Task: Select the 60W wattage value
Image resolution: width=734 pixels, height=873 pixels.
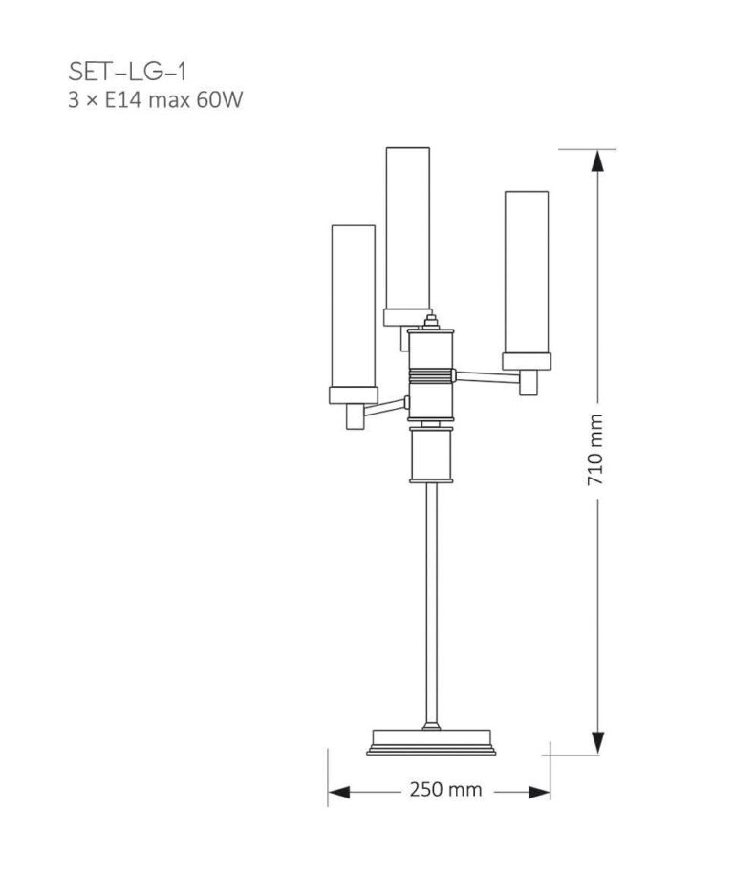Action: [215, 99]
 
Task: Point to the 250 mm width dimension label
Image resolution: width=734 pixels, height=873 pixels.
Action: [445, 790]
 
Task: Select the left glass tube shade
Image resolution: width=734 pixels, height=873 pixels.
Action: [353, 306]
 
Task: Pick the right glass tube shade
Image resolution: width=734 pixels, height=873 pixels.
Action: [526, 271]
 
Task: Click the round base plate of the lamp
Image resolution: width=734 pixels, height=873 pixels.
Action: [432, 741]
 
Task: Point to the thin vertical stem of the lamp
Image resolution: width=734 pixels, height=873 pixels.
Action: [433, 602]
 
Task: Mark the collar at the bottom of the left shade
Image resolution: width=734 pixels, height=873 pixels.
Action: [353, 394]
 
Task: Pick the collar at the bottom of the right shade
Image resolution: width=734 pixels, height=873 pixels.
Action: [526, 360]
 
